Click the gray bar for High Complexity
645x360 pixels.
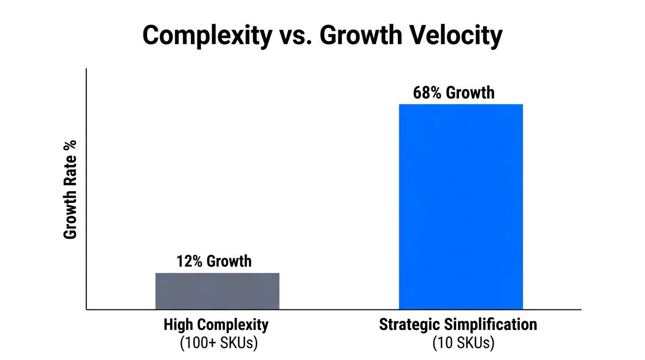[217, 291]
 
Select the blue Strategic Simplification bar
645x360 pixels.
[460, 207]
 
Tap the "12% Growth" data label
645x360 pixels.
[214, 261]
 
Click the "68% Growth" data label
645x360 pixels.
[453, 93]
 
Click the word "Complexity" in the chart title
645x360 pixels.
[207, 36]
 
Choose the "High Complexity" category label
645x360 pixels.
[216, 324]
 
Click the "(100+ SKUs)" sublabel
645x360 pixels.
[218, 343]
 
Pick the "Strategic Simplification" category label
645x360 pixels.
[458, 324]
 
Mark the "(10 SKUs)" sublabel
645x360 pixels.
[463, 343]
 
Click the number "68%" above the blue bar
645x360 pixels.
[427, 93]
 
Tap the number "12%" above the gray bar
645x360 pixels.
[190, 261]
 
